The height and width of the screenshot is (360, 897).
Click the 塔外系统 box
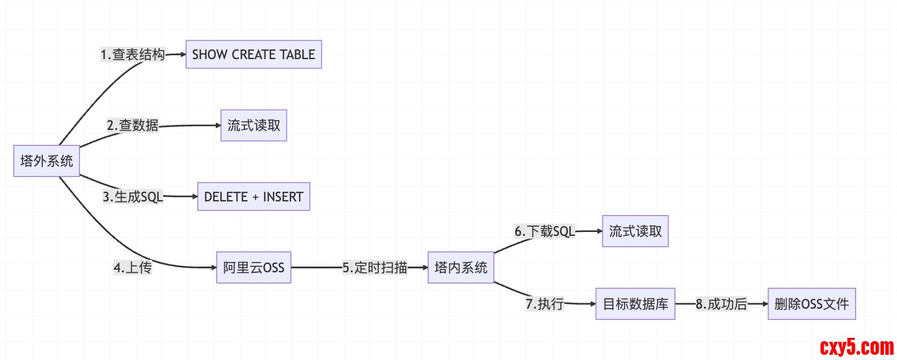tap(47, 161)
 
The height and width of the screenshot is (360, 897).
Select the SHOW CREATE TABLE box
tap(253, 55)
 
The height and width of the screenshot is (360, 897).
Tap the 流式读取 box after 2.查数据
tap(253, 125)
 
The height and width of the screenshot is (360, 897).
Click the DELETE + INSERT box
tap(253, 196)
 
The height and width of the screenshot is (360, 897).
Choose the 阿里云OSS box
tap(253, 267)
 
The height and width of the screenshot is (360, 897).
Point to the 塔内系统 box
tap(461, 267)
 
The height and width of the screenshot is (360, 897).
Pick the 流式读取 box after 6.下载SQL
tap(635, 231)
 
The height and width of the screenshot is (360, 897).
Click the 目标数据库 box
tap(635, 303)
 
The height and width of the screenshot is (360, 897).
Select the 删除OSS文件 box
tap(811, 303)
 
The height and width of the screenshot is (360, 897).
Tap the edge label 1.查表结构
tap(133, 55)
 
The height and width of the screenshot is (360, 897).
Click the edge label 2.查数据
tap(133, 125)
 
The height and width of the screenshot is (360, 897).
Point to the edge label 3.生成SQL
tap(133, 197)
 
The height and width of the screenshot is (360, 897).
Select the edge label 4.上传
tap(133, 267)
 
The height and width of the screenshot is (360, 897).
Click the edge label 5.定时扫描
tap(375, 267)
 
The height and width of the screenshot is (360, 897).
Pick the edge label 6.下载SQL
tap(545, 231)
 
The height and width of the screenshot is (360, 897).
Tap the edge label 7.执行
tap(545, 303)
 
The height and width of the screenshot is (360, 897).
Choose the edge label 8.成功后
tap(721, 303)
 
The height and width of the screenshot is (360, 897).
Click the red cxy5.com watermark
tap(857, 348)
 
